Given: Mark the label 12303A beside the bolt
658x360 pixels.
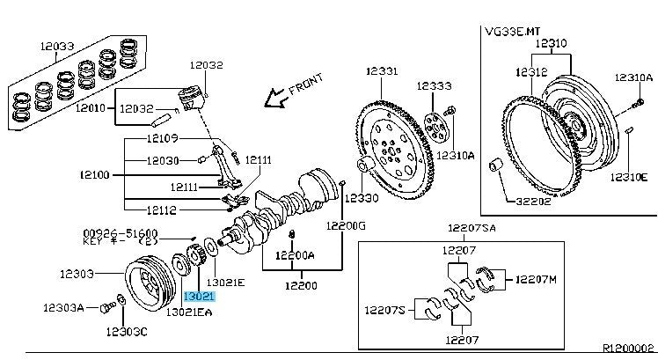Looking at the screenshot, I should pyautogui.click(x=65, y=308).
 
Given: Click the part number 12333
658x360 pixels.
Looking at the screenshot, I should pyautogui.click(x=435, y=86).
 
